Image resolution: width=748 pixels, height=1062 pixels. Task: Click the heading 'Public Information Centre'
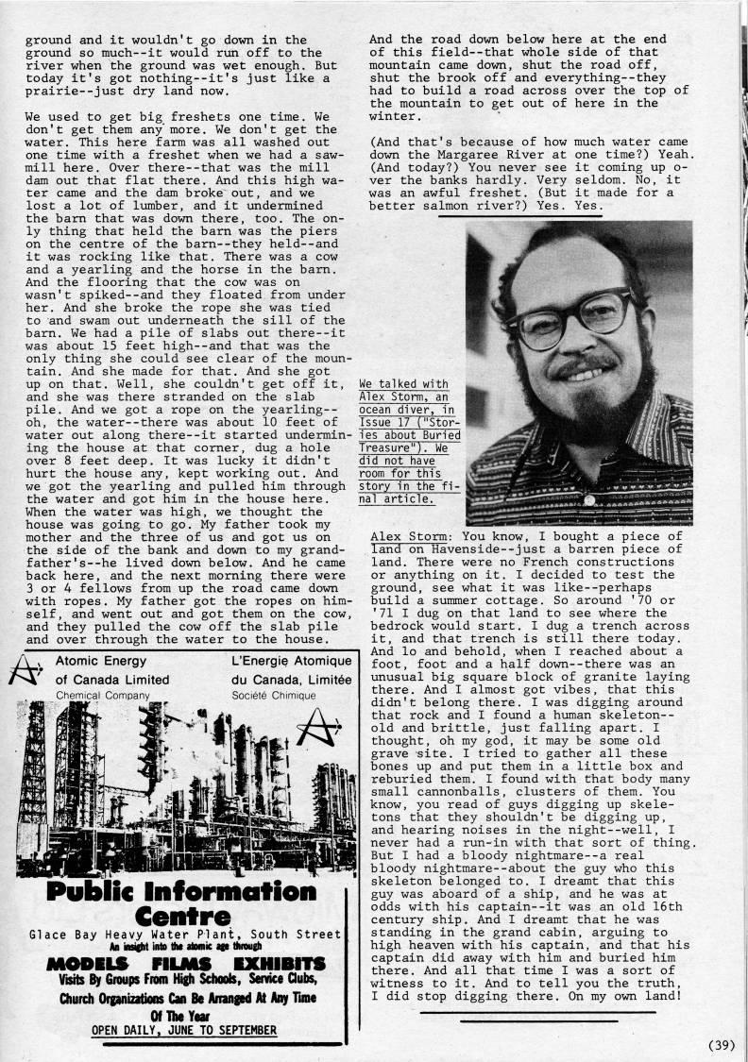click(182, 905)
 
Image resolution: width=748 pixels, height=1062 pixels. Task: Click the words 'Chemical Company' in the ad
click(103, 695)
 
